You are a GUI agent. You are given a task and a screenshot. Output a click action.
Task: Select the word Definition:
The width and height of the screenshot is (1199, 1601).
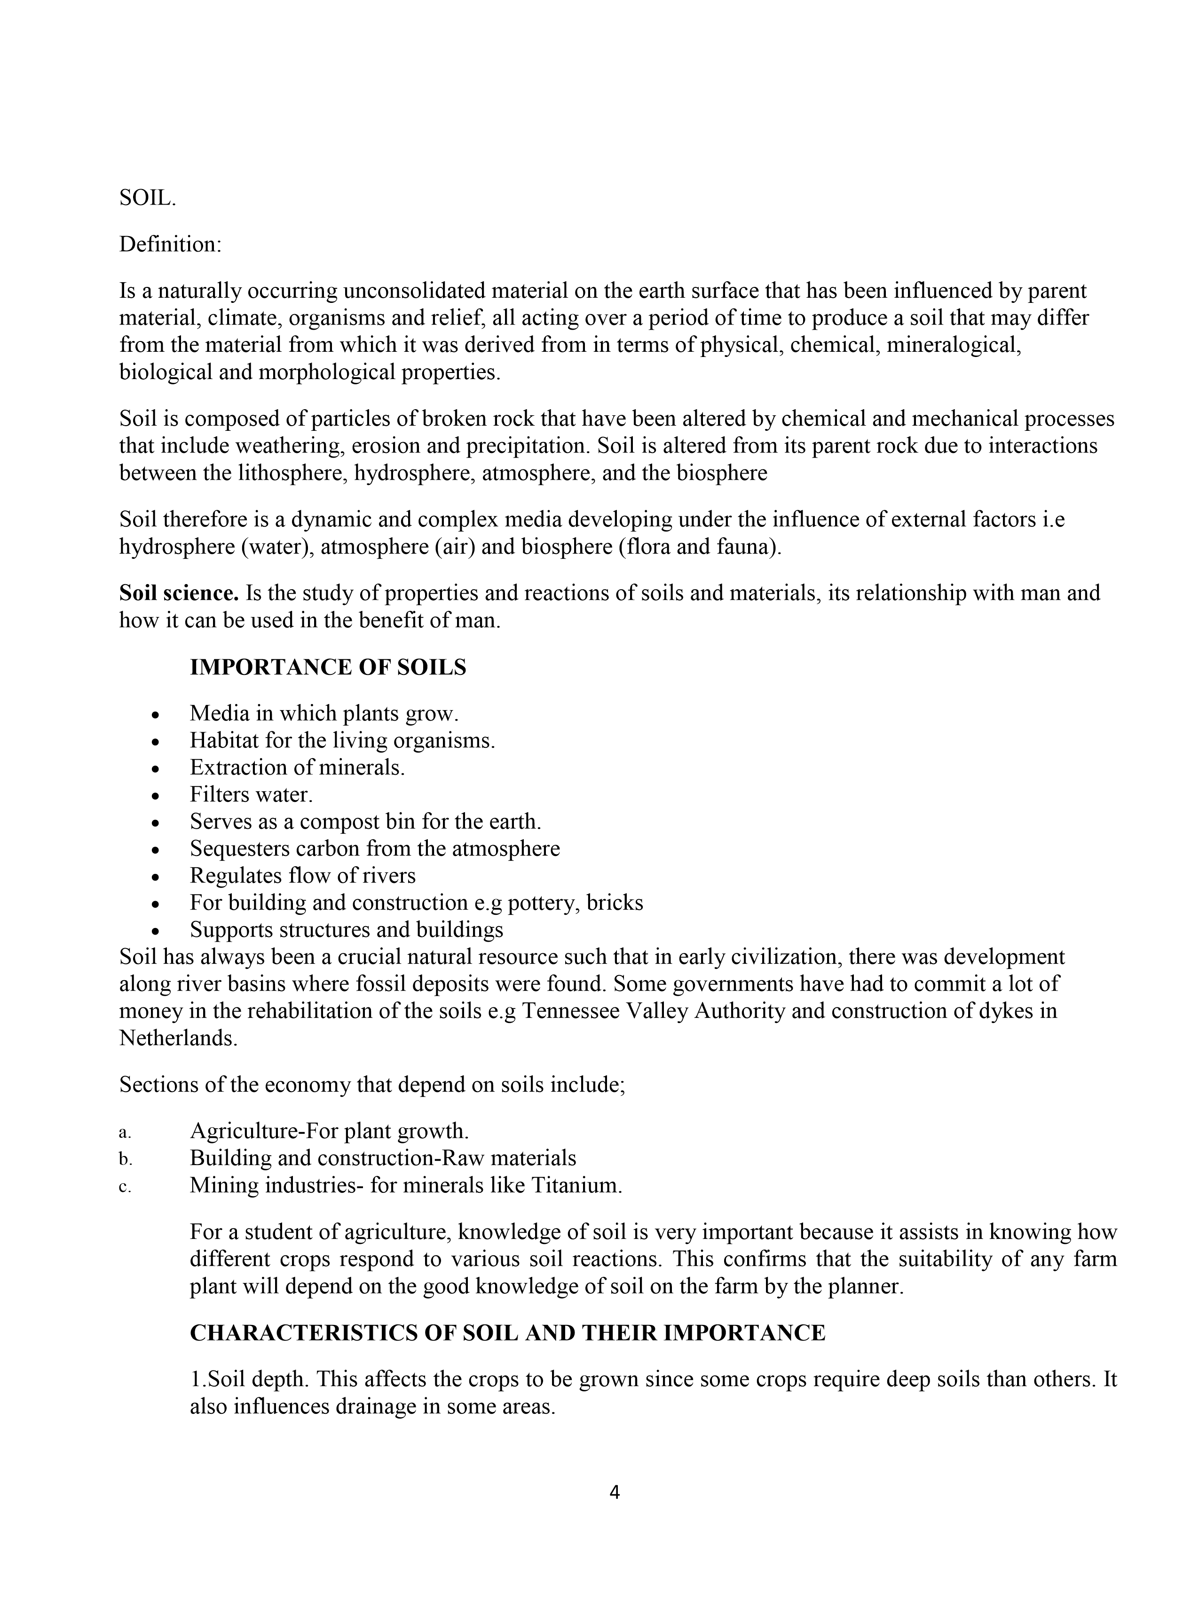[x=170, y=245]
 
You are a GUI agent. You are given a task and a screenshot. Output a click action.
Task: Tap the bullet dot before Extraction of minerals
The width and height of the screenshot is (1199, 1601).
[x=156, y=769]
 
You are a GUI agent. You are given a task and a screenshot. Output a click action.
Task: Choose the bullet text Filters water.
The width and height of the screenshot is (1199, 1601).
[x=251, y=795]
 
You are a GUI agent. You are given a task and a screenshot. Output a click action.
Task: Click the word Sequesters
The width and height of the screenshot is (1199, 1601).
[x=239, y=848]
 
